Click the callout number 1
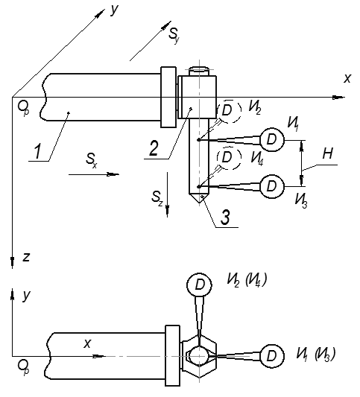click(37, 151)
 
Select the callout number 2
click(154, 148)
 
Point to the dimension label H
click(327, 153)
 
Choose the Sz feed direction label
click(157, 197)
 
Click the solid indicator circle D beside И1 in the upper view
click(272, 139)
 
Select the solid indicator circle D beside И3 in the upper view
click(272, 186)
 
